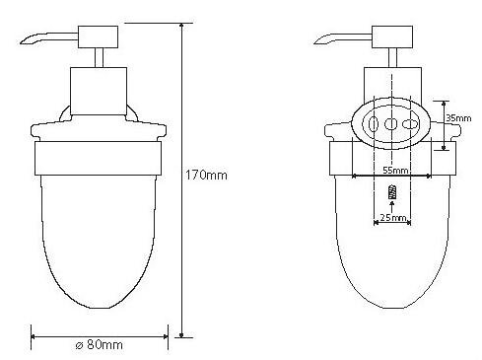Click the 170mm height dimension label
tap(206, 175)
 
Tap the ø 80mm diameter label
tap(99, 345)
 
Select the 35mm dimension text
tap(458, 118)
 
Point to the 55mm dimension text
tap(395, 171)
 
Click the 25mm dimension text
tap(393, 217)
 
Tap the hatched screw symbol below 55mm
tap(392, 192)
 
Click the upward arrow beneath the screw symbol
tap(391, 207)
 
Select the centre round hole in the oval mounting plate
tap(390, 124)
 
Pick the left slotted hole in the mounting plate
tap(373, 124)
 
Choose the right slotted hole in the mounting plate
tap(411, 124)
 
